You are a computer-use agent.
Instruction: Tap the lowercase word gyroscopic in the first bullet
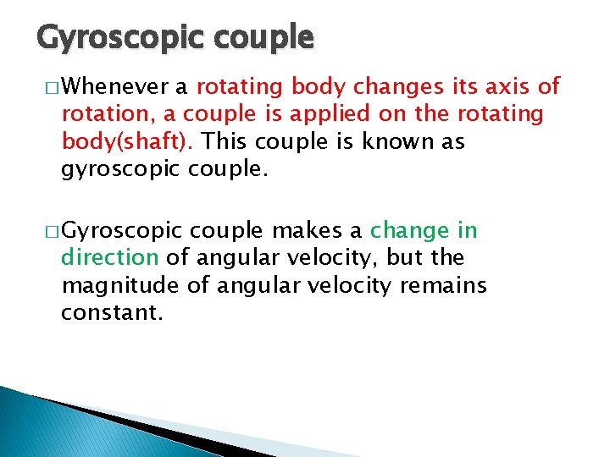coord(119,169)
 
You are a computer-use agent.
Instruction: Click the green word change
coord(410,230)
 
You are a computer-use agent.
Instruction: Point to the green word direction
coord(110,257)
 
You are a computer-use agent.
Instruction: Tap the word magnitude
coord(119,286)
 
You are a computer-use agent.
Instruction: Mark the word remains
coord(454,286)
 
